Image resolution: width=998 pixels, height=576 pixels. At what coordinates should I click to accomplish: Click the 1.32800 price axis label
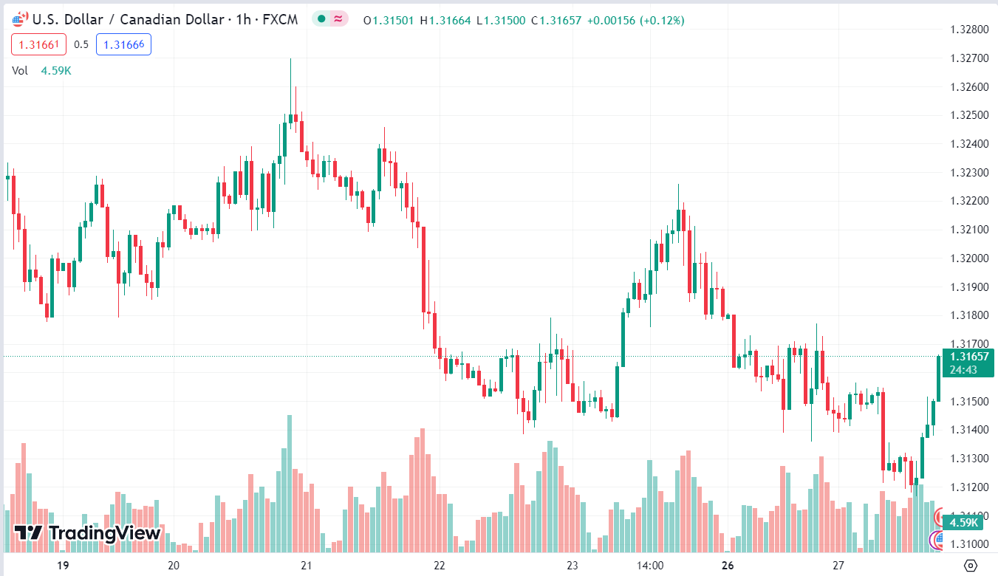[x=968, y=30]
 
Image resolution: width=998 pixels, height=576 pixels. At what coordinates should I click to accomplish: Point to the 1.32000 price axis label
[x=968, y=258]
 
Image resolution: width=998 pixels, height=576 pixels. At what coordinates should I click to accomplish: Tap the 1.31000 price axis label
[x=968, y=544]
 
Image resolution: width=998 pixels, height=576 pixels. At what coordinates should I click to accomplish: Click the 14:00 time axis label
[x=649, y=566]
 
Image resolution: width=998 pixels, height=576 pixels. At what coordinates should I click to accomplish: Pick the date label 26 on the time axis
[x=728, y=566]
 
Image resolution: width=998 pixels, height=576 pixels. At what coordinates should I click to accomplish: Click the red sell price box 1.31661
[x=38, y=44]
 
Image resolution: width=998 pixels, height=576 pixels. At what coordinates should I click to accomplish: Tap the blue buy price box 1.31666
[x=123, y=44]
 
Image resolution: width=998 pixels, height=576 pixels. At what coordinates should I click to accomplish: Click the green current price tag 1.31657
[x=968, y=357]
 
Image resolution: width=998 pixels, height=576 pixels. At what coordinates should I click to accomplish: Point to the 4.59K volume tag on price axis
[x=963, y=522]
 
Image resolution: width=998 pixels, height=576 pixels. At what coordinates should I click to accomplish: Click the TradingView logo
[x=87, y=532]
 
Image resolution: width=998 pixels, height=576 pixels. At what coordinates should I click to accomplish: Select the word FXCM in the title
[x=280, y=20]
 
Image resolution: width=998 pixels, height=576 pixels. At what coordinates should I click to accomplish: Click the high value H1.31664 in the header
[x=445, y=21]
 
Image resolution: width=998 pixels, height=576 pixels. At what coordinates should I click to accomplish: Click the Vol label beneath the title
[x=20, y=70]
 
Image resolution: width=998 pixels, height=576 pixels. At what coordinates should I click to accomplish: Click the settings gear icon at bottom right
[x=971, y=566]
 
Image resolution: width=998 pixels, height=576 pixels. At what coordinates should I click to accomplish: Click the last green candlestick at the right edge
[x=938, y=378]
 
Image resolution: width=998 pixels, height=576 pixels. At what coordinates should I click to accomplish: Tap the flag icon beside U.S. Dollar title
[x=21, y=19]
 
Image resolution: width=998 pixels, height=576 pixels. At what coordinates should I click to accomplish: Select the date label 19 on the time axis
[x=63, y=566]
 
